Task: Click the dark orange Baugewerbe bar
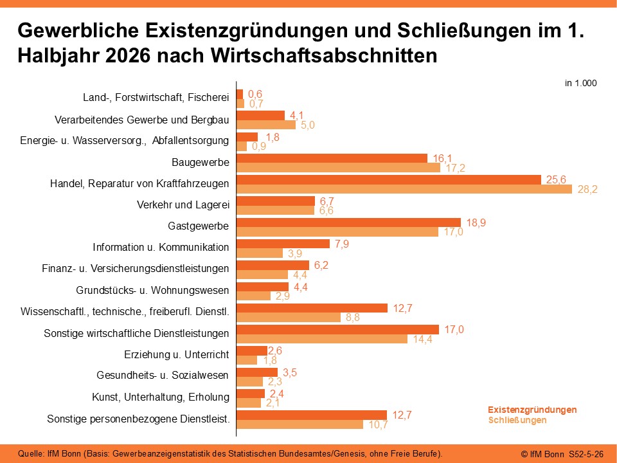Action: (332, 158)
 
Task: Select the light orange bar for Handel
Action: (404, 189)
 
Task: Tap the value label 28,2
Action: (587, 189)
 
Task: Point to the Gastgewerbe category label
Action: (199, 226)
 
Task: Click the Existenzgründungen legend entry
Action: (532, 410)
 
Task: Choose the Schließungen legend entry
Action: (517, 420)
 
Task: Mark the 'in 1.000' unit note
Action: (581, 83)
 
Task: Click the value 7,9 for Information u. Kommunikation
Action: (342, 244)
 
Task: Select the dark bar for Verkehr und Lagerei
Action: (276, 201)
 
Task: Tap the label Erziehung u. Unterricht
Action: (176, 354)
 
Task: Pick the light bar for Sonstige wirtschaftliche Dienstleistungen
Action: (322, 339)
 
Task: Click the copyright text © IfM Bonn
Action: (542, 454)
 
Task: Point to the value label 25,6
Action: (556, 179)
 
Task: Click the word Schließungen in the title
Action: (464, 30)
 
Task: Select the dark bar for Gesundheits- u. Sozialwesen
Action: (257, 372)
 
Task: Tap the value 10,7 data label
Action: (378, 425)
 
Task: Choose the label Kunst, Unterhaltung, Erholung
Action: (161, 397)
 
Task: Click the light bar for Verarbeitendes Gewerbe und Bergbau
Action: (266, 124)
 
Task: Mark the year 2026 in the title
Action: (128, 56)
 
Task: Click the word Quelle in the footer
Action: (31, 453)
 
